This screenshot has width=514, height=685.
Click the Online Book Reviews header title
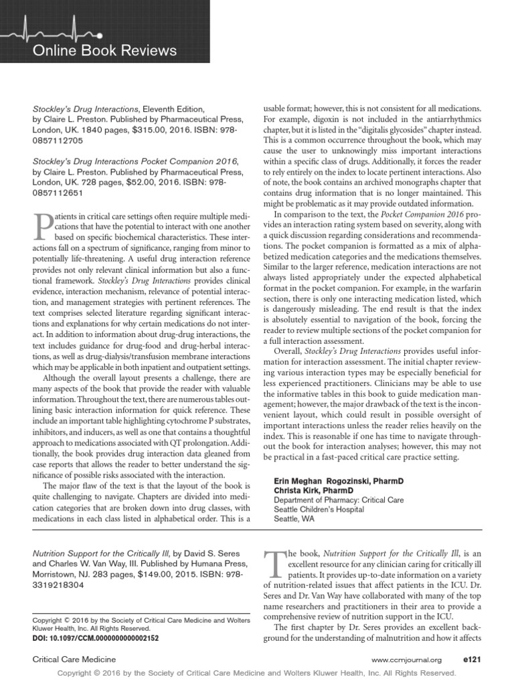[x=105, y=51]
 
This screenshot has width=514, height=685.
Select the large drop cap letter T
[x=276, y=565]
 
